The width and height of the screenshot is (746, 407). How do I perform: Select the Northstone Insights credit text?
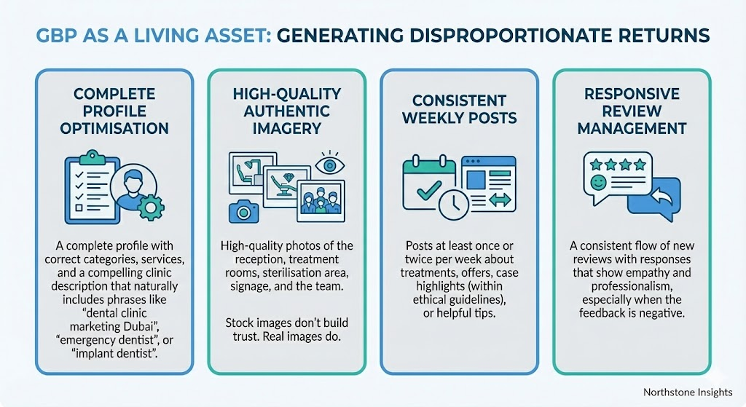(688, 392)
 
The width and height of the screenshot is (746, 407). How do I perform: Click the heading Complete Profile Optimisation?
(114, 111)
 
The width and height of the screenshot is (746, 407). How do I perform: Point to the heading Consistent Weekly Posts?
(460, 109)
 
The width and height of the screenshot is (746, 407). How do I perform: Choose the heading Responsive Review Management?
(632, 111)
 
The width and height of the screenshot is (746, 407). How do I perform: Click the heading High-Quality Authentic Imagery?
(287, 111)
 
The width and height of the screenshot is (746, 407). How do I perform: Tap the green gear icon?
(151, 207)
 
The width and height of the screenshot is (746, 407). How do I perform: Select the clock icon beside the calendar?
(454, 205)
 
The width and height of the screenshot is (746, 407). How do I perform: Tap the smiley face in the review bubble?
(597, 182)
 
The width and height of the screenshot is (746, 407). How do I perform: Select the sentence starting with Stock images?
(287, 330)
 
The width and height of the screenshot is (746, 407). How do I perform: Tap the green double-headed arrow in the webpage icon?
(500, 199)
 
